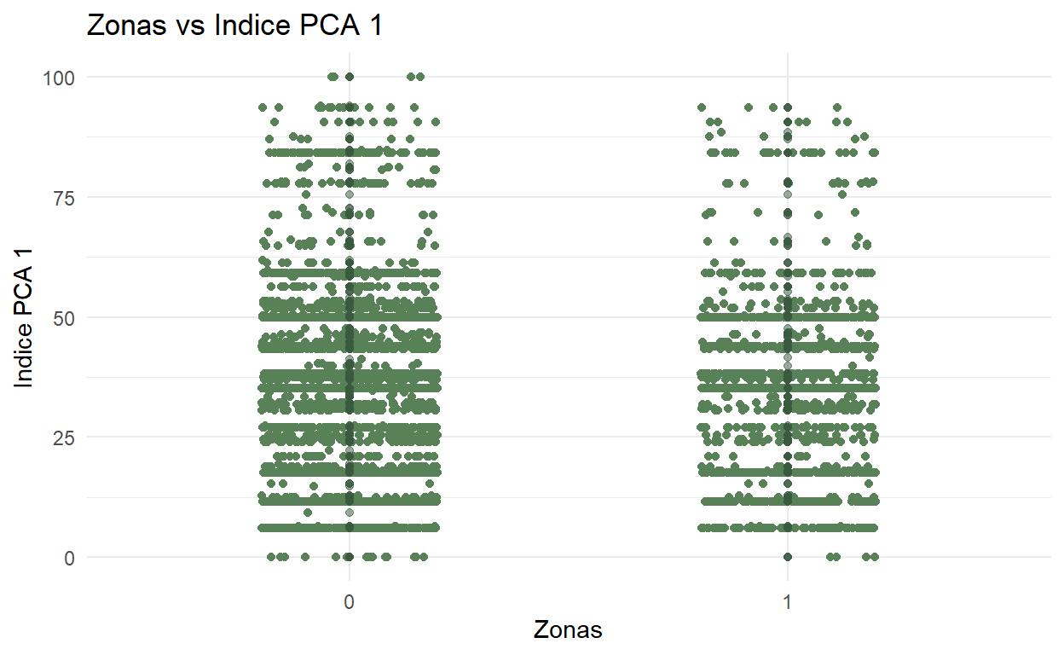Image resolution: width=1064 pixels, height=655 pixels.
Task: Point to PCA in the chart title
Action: [x=327, y=26]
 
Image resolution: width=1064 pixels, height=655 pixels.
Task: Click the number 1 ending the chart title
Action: [x=373, y=26]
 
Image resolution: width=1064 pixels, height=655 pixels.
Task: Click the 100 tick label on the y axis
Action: [x=59, y=78]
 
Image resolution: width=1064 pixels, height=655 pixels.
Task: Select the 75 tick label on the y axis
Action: [x=64, y=198]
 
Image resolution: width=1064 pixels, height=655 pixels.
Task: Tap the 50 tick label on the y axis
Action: [x=64, y=317]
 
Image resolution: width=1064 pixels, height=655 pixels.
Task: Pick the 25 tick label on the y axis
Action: [x=64, y=438]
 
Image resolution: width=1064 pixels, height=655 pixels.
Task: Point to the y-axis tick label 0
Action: [x=69, y=558]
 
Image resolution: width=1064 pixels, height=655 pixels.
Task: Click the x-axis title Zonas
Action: [x=568, y=630]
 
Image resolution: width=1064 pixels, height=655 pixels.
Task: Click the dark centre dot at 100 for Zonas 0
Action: [x=349, y=77]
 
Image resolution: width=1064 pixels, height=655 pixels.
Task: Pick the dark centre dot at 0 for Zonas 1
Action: [x=788, y=557]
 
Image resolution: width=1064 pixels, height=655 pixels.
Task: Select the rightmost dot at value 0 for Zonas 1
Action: [x=874, y=557]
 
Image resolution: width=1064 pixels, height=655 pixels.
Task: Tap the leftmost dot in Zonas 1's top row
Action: [x=702, y=107]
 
